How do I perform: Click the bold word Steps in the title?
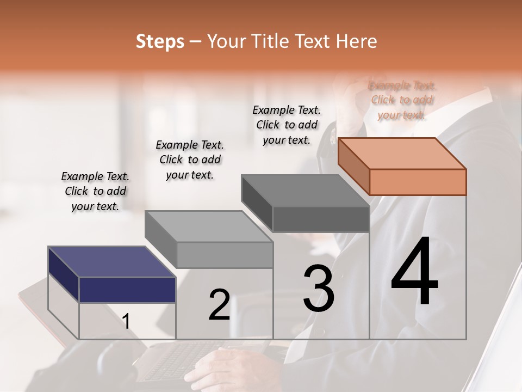160,41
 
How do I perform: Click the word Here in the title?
357,41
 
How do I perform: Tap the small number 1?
126,322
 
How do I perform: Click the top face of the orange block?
401,153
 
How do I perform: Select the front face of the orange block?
418,182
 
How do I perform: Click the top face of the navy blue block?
111,262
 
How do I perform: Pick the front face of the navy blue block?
127,290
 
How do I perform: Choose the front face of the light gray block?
225,255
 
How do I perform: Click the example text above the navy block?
95,191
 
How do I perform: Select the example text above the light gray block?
190,160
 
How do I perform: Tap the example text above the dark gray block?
287,125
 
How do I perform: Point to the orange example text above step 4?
402,100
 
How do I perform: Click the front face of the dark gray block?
321,219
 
